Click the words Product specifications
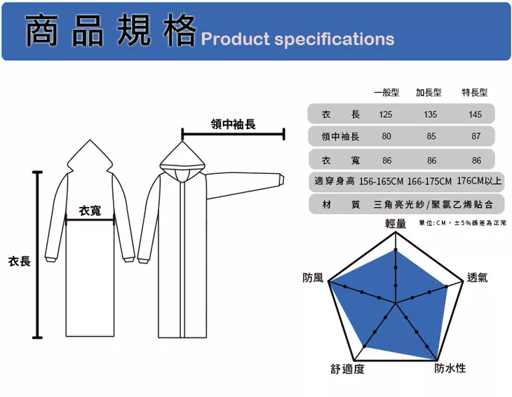(298, 39)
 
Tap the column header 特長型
(475, 93)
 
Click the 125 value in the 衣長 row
(386, 114)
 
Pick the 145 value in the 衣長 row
(476, 114)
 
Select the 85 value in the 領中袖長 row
(431, 137)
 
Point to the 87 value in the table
(476, 137)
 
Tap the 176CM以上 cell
(479, 182)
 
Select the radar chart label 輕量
(396, 223)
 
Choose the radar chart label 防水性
(450, 368)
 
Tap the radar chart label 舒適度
(348, 369)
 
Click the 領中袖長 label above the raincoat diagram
(233, 124)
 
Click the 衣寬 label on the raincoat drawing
(90, 210)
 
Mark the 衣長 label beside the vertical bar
(19, 261)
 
